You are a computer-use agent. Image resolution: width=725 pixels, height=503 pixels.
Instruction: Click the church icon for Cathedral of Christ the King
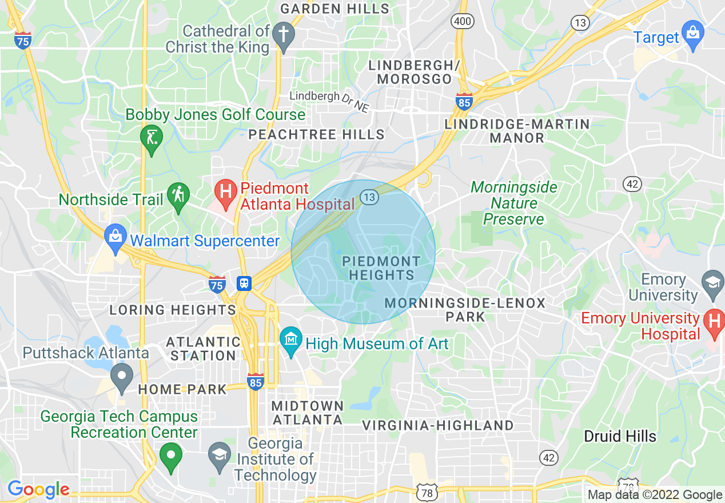(282, 33)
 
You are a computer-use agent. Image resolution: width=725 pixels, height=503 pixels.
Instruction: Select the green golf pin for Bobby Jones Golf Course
(152, 138)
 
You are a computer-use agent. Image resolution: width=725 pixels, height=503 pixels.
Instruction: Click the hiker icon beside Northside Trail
(178, 195)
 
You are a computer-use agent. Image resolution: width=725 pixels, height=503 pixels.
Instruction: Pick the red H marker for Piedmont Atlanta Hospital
(226, 191)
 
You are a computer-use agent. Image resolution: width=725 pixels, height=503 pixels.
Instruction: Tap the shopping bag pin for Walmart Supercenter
(115, 237)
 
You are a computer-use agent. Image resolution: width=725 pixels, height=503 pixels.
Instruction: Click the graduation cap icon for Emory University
(713, 283)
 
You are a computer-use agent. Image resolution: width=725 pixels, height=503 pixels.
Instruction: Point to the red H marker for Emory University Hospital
(714, 322)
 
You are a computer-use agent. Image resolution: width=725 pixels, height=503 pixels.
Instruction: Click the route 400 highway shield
(462, 22)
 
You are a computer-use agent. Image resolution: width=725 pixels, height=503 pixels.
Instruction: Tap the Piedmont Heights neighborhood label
(381, 268)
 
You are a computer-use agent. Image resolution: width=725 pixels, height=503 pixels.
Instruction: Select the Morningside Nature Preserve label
(513, 203)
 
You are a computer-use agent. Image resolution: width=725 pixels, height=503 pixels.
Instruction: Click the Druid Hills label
(619, 436)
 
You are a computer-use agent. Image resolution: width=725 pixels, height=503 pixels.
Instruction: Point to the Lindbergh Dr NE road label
(329, 98)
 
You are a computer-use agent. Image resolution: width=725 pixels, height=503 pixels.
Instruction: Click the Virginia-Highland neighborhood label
(439, 425)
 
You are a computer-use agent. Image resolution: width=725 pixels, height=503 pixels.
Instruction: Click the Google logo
(38, 489)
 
